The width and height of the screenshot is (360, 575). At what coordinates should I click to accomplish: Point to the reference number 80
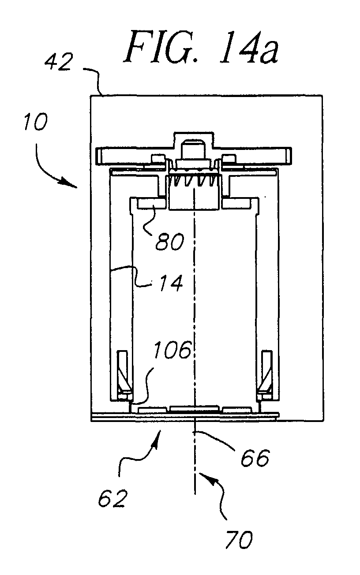click(170, 242)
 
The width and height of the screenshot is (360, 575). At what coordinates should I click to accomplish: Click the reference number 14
click(171, 283)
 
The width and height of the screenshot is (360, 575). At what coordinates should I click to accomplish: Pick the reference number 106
click(172, 350)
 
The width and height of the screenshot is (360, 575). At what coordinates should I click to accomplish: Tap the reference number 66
click(255, 458)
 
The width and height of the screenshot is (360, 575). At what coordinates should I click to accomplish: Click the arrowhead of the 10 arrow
click(73, 185)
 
